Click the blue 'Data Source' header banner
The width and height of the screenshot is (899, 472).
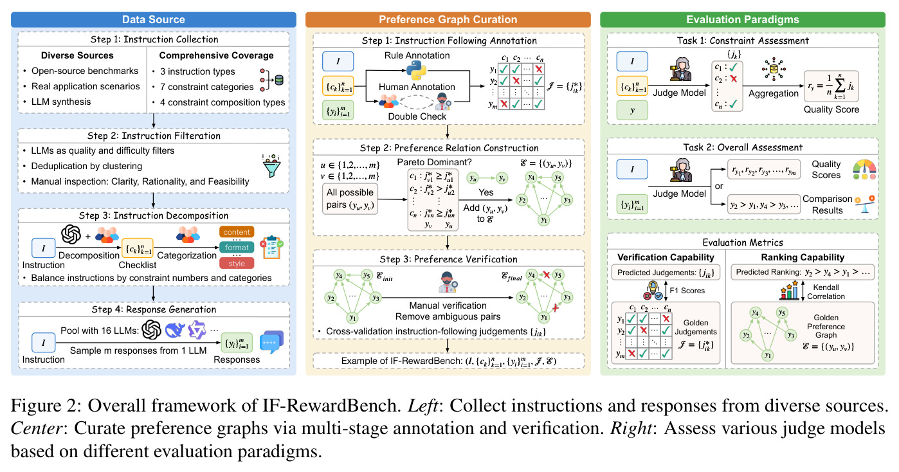click(x=153, y=20)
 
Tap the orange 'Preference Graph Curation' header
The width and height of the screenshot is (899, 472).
click(x=448, y=20)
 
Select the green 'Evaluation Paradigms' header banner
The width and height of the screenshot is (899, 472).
click(x=743, y=20)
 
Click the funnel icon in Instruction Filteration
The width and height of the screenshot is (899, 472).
click(x=272, y=166)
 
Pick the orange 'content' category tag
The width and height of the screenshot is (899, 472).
click(x=237, y=232)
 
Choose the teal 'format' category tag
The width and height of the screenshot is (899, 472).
click(x=237, y=247)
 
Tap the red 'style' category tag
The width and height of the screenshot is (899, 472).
click(x=237, y=263)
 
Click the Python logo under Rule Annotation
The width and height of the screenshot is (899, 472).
click(x=416, y=70)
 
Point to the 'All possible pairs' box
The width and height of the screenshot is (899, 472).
click(x=350, y=199)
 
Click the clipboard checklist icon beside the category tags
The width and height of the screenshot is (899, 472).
click(x=272, y=247)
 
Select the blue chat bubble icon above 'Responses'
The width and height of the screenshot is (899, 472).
click(x=272, y=341)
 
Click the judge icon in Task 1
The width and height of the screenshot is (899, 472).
click(x=680, y=69)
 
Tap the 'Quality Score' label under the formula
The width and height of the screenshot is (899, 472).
click(x=831, y=109)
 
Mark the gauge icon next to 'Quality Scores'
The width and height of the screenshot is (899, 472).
click(x=864, y=170)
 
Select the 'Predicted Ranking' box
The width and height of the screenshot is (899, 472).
click(x=803, y=272)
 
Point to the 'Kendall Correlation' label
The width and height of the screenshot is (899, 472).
click(x=826, y=292)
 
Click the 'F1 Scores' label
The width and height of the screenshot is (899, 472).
click(x=687, y=291)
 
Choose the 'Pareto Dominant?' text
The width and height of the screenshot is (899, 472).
click(x=434, y=162)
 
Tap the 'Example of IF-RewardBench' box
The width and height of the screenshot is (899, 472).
click(x=448, y=361)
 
